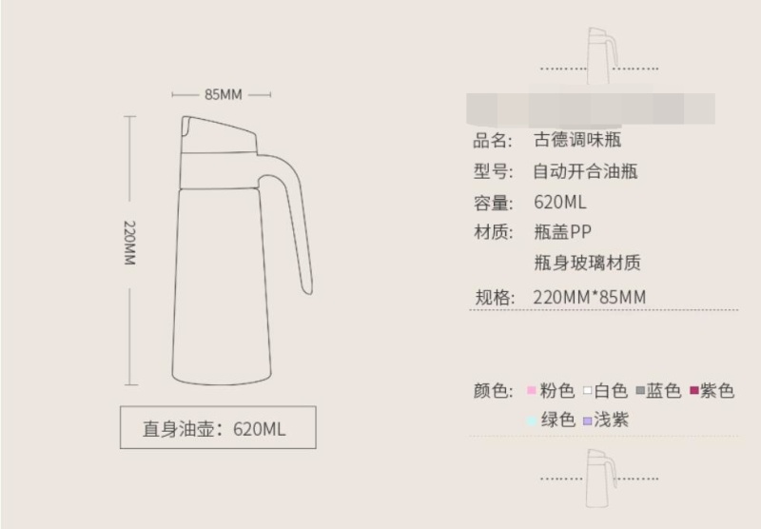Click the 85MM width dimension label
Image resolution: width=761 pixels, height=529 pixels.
(224, 94)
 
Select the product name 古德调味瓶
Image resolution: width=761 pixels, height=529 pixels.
(578, 141)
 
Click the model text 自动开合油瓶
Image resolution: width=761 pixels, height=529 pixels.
(585, 172)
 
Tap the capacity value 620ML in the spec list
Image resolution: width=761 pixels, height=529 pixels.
(560, 203)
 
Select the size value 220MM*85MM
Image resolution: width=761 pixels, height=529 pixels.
(590, 297)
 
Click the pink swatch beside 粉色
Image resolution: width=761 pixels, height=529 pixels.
(533, 391)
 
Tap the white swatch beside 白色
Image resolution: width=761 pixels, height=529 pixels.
(588, 391)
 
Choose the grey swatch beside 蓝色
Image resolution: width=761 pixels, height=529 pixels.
(641, 391)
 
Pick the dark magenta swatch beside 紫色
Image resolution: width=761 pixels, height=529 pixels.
(694, 390)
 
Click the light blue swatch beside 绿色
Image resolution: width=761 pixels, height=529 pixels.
(533, 421)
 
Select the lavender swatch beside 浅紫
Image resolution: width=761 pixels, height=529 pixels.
(588, 421)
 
